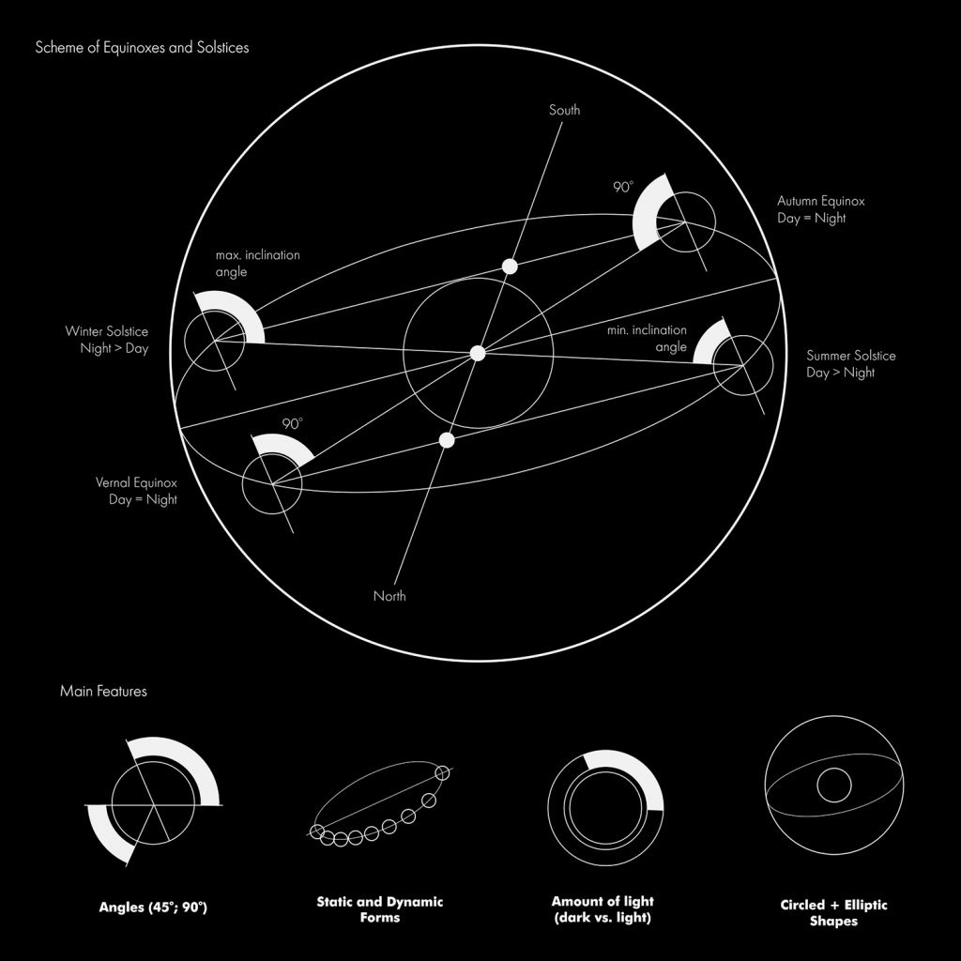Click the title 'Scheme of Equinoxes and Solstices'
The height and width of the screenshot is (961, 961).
tap(143, 48)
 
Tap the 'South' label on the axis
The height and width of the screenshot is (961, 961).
tap(564, 111)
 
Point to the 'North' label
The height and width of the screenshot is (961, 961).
tap(389, 596)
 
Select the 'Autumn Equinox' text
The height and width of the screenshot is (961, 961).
tap(821, 201)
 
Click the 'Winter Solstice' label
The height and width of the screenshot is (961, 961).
tap(107, 331)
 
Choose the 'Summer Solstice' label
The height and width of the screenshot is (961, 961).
tap(851, 356)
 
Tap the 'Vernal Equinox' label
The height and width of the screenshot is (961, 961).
tap(136, 482)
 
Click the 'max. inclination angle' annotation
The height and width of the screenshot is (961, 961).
tap(258, 263)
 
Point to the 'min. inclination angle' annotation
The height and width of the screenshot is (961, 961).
tap(648, 338)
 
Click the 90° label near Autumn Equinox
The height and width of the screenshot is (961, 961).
tap(623, 187)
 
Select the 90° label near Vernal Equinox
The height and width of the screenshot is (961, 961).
tap(293, 423)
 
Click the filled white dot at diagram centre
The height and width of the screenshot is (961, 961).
tap(478, 354)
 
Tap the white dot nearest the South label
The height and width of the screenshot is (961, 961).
tap(510, 267)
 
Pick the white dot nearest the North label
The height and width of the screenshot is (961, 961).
tap(447, 440)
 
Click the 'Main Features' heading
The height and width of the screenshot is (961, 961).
tap(103, 692)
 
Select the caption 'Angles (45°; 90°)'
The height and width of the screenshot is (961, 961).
tap(153, 908)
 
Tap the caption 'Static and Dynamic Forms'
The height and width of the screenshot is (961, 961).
tap(380, 909)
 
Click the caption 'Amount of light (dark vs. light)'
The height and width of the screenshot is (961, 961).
tap(603, 909)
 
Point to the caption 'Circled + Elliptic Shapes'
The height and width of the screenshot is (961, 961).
tap(833, 912)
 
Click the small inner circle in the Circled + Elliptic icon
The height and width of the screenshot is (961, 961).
tap(834, 768)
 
